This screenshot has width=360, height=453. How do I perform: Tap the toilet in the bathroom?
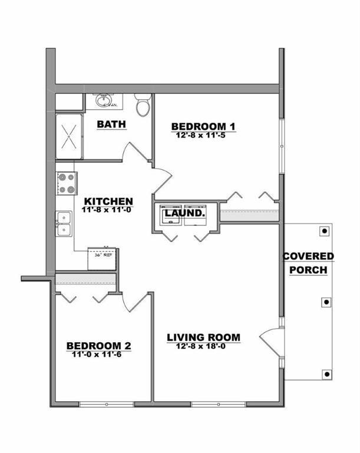coord(143,106)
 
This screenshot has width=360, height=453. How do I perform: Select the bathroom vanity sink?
coord(105,100)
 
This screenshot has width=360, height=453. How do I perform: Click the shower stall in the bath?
coord(69,136)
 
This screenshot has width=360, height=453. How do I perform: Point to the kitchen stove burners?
coord(66,183)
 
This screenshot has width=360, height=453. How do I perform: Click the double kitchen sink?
coord(64,224)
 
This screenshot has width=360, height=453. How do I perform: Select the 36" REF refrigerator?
coord(102,258)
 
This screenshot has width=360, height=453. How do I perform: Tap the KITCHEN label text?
coord(108,201)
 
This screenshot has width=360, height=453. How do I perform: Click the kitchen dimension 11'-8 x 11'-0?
coord(108,209)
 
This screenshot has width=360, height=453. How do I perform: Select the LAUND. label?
coord(185,212)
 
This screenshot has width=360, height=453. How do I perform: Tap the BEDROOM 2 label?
coord(98,346)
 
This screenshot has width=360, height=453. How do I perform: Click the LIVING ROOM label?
coord(203,337)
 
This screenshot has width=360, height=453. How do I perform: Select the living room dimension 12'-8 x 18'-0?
coord(203,346)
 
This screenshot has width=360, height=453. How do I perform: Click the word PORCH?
coord(308,270)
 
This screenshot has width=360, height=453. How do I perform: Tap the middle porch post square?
coord(326,302)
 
